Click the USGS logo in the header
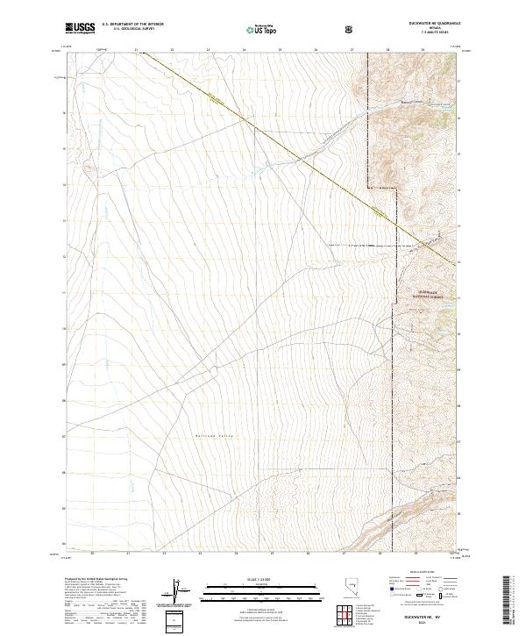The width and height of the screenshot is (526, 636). click(79, 28)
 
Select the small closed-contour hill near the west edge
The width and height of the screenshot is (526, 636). click(84, 163)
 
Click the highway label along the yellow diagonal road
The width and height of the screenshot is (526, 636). click(213, 103)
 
